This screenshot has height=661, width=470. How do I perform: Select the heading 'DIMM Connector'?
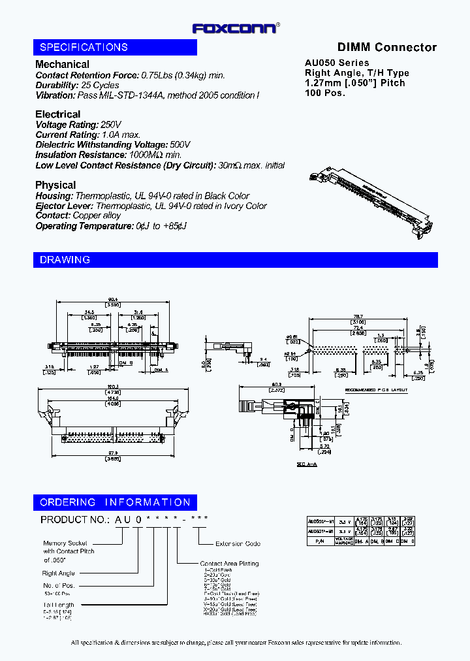tap(386, 47)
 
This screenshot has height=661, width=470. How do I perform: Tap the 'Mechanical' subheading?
tap(62, 64)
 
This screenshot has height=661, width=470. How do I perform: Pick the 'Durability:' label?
tap(57, 85)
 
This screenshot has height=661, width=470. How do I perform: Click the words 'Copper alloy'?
tap(97, 216)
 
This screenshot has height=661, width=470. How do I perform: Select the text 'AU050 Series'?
tap(337, 63)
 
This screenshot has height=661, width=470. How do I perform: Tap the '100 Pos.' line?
tap(324, 93)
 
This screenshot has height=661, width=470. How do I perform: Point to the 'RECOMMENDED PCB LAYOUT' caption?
tap(375, 389)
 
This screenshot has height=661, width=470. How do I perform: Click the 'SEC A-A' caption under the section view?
tap(306, 464)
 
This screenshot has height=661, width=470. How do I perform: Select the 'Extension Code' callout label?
tap(238, 543)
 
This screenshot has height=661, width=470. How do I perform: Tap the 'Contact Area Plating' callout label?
tap(229, 563)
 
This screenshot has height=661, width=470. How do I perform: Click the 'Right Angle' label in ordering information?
tap(59, 573)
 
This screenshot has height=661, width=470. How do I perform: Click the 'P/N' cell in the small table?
tap(319, 541)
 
